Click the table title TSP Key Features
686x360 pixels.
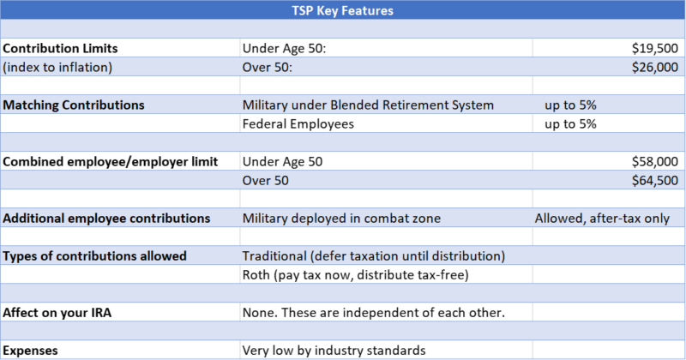tap(342, 10)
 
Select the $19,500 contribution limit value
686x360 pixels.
tap(655, 48)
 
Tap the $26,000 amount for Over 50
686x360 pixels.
tap(655, 67)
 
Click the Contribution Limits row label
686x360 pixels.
tap(60, 48)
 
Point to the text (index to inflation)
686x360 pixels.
tap(57, 68)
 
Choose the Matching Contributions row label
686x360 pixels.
tap(74, 105)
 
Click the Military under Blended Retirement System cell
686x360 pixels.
tap(368, 105)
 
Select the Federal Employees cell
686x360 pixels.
tap(298, 124)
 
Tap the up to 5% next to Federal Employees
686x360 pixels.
tap(570, 124)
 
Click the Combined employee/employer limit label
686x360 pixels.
tap(111, 162)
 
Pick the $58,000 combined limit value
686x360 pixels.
tap(655, 161)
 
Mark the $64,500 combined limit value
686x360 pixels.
tap(655, 180)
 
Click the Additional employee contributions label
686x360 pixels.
tap(106, 219)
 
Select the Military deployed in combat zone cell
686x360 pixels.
tap(341, 219)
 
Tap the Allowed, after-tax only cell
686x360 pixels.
tap(602, 219)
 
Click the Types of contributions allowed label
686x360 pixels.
tap(94, 256)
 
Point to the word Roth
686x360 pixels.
tap(256, 274)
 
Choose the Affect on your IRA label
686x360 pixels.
tap(57, 313)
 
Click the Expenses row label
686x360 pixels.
tap(30, 351)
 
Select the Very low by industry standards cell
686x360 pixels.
tap(334, 351)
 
